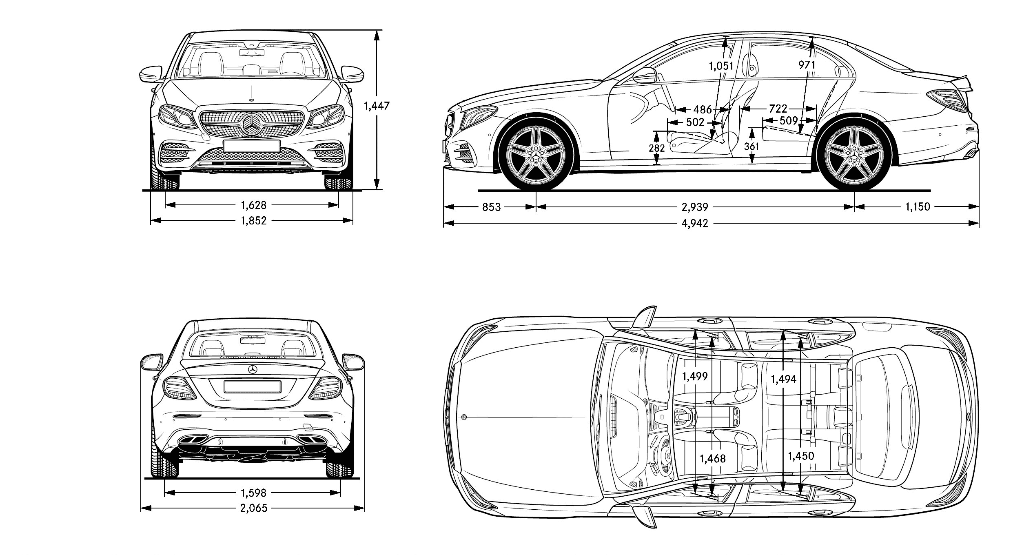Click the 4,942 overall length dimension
(x=695, y=223)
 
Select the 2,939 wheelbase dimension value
(x=695, y=207)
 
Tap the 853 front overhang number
(x=491, y=207)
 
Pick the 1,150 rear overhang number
(x=918, y=207)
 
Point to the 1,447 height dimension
(x=377, y=106)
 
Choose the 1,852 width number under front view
(x=253, y=221)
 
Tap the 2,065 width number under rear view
(x=253, y=508)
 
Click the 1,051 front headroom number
(x=721, y=66)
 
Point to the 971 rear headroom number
(x=807, y=65)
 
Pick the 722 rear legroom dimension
(x=778, y=109)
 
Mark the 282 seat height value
(x=656, y=148)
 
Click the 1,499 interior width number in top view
(x=695, y=376)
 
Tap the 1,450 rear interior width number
(x=801, y=455)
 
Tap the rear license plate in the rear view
(x=252, y=386)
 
